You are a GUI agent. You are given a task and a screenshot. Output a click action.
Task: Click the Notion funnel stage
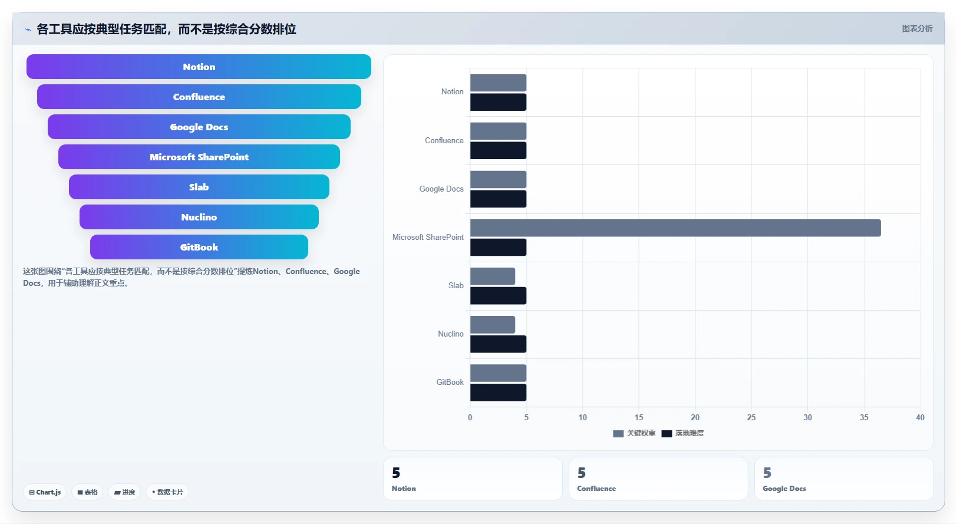199,67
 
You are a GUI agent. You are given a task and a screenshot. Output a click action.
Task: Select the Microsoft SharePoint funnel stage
199,157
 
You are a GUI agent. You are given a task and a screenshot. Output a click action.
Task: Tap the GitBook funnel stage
199,247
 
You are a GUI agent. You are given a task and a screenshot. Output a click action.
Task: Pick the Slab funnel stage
199,187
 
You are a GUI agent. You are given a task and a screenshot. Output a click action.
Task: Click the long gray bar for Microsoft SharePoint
675,228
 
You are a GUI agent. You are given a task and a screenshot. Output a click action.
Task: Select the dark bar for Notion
498,102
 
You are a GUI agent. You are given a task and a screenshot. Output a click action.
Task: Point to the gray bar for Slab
493,276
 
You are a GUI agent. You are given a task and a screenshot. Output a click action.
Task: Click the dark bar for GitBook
498,393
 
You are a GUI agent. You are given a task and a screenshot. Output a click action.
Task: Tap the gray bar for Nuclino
493,324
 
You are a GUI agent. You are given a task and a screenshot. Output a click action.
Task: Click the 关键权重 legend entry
634,433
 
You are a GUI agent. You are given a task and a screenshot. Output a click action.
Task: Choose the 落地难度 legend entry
683,433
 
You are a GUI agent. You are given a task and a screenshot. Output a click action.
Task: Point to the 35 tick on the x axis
864,417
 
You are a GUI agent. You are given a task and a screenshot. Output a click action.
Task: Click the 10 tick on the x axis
583,417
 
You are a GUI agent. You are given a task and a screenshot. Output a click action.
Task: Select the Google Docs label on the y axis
441,189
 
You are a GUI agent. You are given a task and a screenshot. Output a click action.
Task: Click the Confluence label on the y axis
444,141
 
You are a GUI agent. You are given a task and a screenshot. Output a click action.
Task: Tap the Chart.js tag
45,492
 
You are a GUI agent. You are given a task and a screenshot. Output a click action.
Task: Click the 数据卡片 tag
167,492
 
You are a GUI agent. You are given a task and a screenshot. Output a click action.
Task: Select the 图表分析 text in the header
918,29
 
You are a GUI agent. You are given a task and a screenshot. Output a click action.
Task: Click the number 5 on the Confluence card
582,473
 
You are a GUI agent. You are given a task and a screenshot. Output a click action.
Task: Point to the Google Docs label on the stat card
784,489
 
